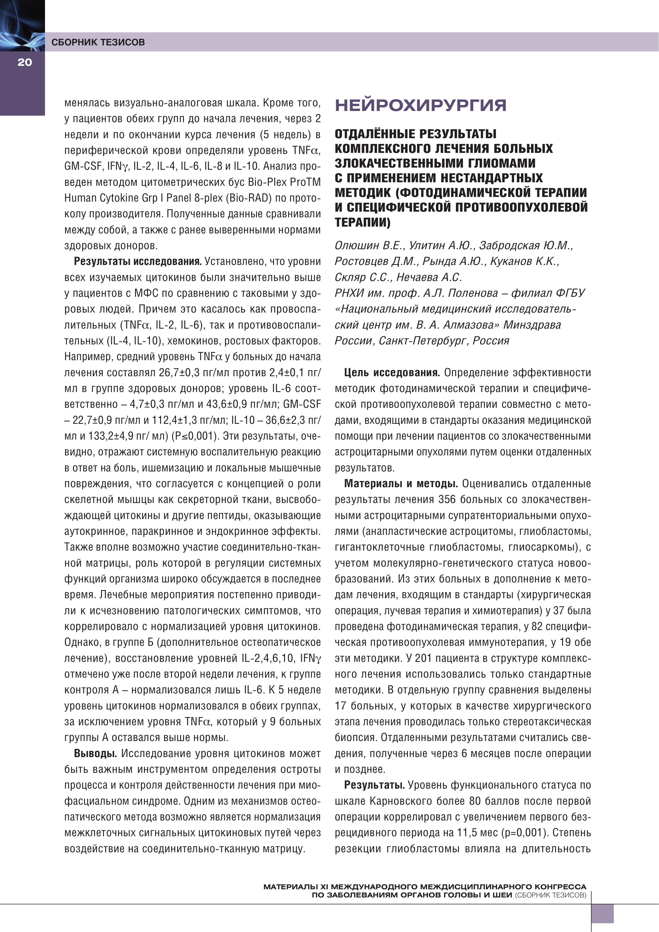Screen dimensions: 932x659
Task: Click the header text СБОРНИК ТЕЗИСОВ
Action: pos(98,42)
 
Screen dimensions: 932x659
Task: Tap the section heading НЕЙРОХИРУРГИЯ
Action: pos(420,105)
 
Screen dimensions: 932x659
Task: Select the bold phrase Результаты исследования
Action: pos(138,261)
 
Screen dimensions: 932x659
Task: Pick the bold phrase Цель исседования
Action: pos(392,373)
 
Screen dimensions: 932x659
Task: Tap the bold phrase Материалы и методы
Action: pos(401,484)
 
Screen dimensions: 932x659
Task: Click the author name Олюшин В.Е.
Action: pos(369,246)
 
